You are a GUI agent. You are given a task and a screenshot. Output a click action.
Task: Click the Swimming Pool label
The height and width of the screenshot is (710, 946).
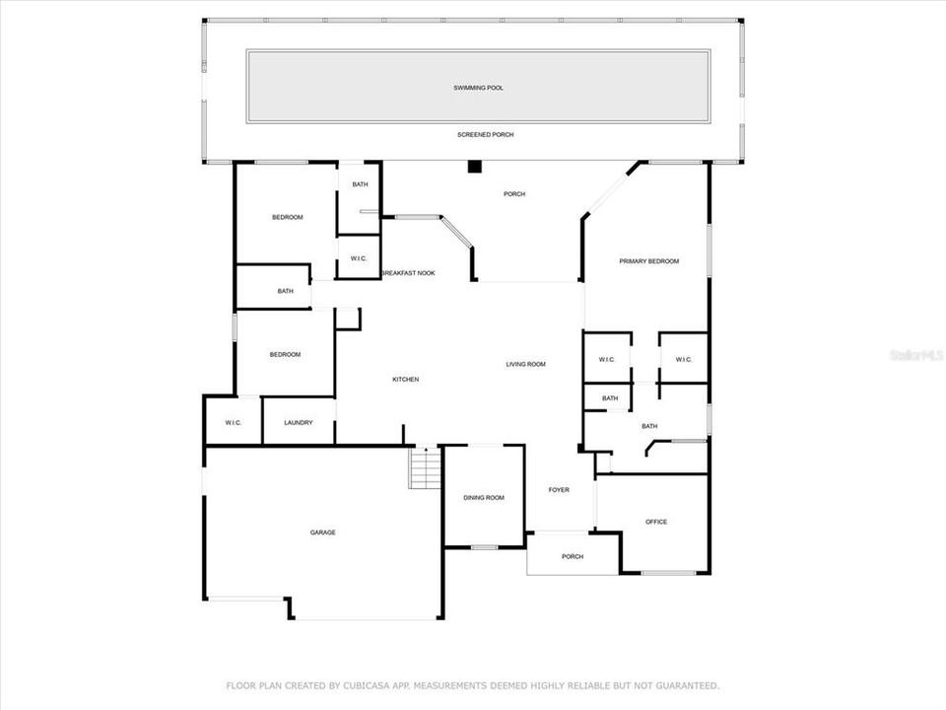(x=478, y=88)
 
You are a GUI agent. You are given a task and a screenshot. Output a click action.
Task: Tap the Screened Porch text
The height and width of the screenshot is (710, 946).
(x=485, y=135)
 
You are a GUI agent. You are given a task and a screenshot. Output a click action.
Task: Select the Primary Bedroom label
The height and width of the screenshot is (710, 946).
(x=648, y=261)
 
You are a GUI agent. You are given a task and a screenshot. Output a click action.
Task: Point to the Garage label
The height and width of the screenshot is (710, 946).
(x=323, y=532)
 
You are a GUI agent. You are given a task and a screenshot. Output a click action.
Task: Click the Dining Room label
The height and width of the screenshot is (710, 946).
(x=484, y=498)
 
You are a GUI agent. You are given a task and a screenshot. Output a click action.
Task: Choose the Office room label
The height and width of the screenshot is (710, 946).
(x=656, y=522)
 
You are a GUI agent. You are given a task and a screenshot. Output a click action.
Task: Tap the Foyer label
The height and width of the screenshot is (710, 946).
(x=559, y=490)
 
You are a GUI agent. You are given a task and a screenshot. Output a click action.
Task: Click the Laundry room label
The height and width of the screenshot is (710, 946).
(x=299, y=423)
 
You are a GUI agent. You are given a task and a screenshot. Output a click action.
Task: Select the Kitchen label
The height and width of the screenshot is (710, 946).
(x=406, y=380)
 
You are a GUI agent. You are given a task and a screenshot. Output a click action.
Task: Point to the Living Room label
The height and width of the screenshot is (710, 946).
(x=526, y=365)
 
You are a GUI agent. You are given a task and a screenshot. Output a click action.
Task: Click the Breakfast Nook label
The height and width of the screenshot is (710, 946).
(x=408, y=273)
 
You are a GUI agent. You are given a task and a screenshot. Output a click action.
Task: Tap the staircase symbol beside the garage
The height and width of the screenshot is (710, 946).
(x=425, y=467)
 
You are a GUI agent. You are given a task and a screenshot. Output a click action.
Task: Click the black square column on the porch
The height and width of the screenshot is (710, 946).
(x=474, y=168)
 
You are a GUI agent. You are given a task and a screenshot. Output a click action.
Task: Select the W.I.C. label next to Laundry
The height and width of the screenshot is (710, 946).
(x=234, y=423)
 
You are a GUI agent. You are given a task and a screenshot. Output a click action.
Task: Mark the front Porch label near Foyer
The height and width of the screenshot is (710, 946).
(x=573, y=557)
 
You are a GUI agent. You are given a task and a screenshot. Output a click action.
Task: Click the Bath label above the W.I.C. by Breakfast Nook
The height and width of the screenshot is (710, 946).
(x=360, y=184)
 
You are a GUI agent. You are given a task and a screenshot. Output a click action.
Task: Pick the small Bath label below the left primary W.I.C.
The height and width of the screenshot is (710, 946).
(x=610, y=398)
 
